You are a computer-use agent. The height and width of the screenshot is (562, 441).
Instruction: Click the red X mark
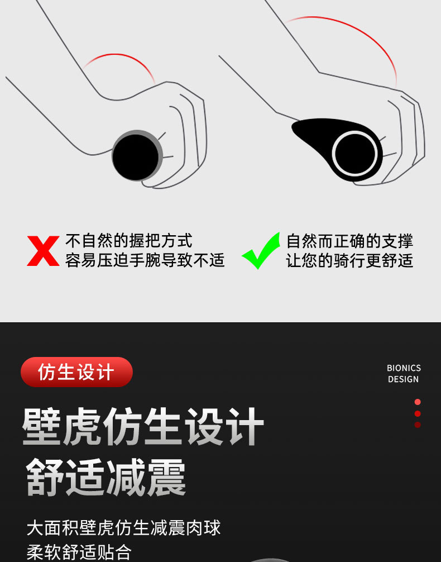[43, 251]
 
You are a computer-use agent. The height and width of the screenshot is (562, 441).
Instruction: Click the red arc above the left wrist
[118, 55]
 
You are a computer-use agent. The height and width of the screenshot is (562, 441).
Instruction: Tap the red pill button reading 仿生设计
[76, 372]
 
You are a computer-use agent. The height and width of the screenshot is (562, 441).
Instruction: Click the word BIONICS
[404, 368]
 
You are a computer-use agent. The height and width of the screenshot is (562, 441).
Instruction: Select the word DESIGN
[404, 379]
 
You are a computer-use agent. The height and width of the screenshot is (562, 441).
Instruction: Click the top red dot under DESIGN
[418, 402]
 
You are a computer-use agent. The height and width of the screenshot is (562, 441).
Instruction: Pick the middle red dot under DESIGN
[418, 413]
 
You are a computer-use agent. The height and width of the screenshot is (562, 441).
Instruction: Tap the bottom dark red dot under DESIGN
[418, 425]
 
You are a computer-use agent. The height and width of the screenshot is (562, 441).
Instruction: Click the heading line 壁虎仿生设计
[143, 426]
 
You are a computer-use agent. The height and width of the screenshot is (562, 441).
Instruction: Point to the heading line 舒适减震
[106, 477]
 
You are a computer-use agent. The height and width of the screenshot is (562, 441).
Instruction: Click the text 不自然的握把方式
[128, 241]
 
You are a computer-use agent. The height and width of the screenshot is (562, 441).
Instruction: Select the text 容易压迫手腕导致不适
[145, 260]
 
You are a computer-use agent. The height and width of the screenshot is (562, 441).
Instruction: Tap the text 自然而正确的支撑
[349, 241]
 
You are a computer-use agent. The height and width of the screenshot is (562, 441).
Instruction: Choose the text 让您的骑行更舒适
[349, 260]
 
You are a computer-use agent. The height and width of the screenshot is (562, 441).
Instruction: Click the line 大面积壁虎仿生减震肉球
[123, 527]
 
